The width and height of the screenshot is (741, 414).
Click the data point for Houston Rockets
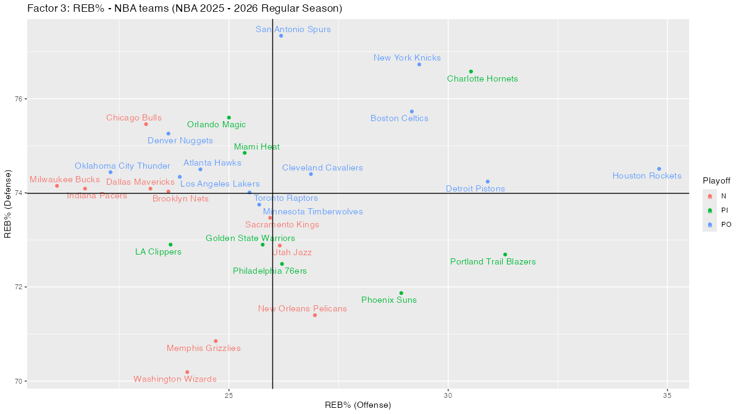click(x=659, y=169)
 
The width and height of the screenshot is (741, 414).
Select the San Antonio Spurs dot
click(x=281, y=36)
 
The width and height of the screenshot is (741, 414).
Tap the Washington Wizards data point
click(x=187, y=372)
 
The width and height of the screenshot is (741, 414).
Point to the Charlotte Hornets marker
click(x=471, y=72)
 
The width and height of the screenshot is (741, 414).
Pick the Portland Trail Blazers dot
click(x=505, y=255)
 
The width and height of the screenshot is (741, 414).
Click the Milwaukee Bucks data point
click(x=57, y=186)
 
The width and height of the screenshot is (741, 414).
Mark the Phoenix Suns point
click(x=401, y=293)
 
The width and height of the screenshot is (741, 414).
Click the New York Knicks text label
click(x=407, y=58)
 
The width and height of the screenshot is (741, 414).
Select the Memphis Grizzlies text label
click(x=204, y=349)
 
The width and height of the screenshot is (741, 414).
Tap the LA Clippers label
click(x=158, y=252)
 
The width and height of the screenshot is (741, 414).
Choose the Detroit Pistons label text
click(x=475, y=189)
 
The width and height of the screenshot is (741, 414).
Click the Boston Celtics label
click(x=399, y=119)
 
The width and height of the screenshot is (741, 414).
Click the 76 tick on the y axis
click(x=17, y=99)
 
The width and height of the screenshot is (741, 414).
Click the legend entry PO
click(x=726, y=224)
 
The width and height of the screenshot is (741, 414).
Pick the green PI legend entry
click(x=724, y=210)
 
